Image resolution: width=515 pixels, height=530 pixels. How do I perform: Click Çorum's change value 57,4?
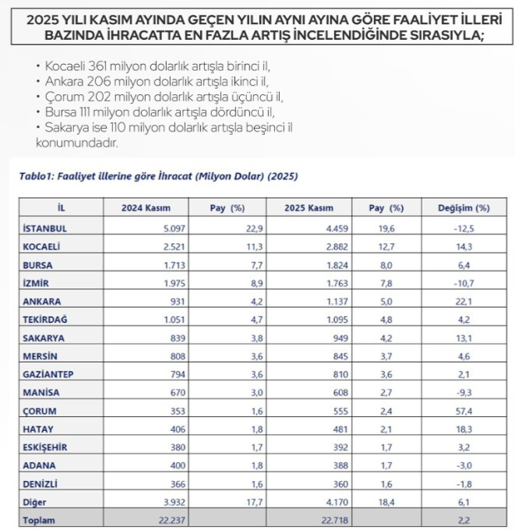pos(467,410)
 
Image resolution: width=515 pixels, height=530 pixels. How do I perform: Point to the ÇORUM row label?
pos(41,410)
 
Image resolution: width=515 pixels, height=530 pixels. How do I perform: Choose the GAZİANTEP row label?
pos(48,373)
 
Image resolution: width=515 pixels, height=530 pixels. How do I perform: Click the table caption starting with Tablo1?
pos(158,177)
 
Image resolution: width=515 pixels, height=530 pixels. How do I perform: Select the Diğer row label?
pos(36,501)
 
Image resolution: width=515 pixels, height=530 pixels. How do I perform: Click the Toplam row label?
pos(40,520)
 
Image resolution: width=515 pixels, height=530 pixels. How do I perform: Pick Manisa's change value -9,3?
pos(467,392)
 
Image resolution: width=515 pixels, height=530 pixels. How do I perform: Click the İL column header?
pos(62,208)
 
